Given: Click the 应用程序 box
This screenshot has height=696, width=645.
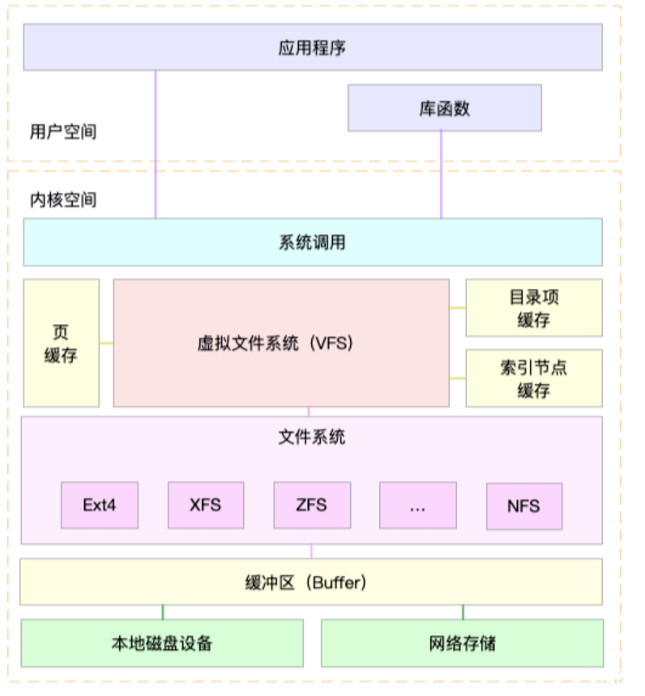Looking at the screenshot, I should [313, 47].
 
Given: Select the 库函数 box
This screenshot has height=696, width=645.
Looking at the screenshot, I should [444, 108].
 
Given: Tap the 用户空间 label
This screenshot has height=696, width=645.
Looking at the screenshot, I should [62, 131].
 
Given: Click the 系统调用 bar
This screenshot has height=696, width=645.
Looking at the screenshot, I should [313, 241].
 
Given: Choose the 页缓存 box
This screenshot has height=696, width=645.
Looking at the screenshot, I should [61, 343].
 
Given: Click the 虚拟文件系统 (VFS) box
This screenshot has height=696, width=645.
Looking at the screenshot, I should [281, 343].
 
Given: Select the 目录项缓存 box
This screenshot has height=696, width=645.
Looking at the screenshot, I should [533, 308].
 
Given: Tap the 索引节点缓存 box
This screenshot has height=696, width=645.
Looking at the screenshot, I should [533, 378].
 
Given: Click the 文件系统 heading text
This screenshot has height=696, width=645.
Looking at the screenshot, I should [312, 437].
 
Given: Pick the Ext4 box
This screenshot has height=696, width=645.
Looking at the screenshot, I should [100, 505].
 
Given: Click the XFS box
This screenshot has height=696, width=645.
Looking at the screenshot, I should [205, 505].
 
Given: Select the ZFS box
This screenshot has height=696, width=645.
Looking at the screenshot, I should [311, 505].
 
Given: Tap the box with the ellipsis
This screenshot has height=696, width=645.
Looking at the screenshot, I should [417, 506].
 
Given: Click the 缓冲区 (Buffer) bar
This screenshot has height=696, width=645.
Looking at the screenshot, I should [311, 582].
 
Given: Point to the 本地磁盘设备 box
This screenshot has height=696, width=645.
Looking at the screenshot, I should [162, 643].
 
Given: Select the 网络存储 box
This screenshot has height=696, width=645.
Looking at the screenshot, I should [462, 643].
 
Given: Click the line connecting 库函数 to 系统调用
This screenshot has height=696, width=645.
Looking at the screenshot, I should [442, 174].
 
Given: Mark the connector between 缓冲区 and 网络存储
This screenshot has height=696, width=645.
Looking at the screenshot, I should [463, 612].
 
